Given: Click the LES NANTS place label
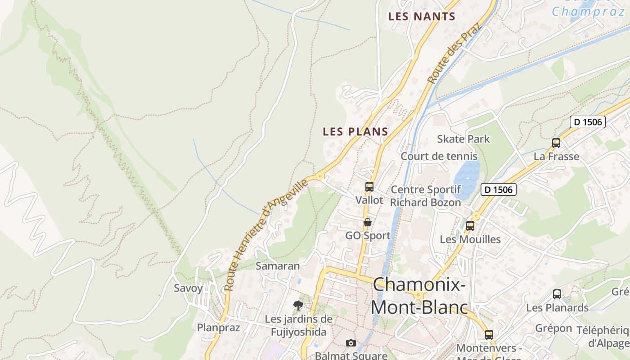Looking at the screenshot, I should [x=422, y=17].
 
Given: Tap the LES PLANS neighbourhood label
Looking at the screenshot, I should [x=355, y=132].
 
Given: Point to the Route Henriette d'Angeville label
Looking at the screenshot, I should [x=266, y=234].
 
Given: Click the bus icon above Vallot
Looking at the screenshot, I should [x=369, y=187].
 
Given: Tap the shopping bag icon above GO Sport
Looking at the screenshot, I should [x=368, y=222].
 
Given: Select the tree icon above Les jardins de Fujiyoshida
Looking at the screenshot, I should [x=298, y=306].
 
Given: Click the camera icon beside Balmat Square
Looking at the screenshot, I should [x=351, y=343].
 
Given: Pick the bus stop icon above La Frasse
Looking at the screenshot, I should [x=556, y=143].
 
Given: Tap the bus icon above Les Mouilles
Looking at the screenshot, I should [x=470, y=226].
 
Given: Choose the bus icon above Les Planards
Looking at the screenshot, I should [x=557, y=295].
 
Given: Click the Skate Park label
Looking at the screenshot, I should [x=463, y=139].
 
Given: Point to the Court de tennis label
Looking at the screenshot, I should [x=439, y=156].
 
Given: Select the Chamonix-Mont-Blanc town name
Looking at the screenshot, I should [x=418, y=296].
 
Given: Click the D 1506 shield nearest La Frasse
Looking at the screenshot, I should [x=588, y=121].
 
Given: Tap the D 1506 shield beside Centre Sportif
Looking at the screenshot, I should [x=498, y=189].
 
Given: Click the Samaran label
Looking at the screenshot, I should [x=278, y=266].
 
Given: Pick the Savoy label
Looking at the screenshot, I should [x=188, y=288].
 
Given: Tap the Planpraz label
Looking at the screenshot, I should [x=219, y=327].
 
